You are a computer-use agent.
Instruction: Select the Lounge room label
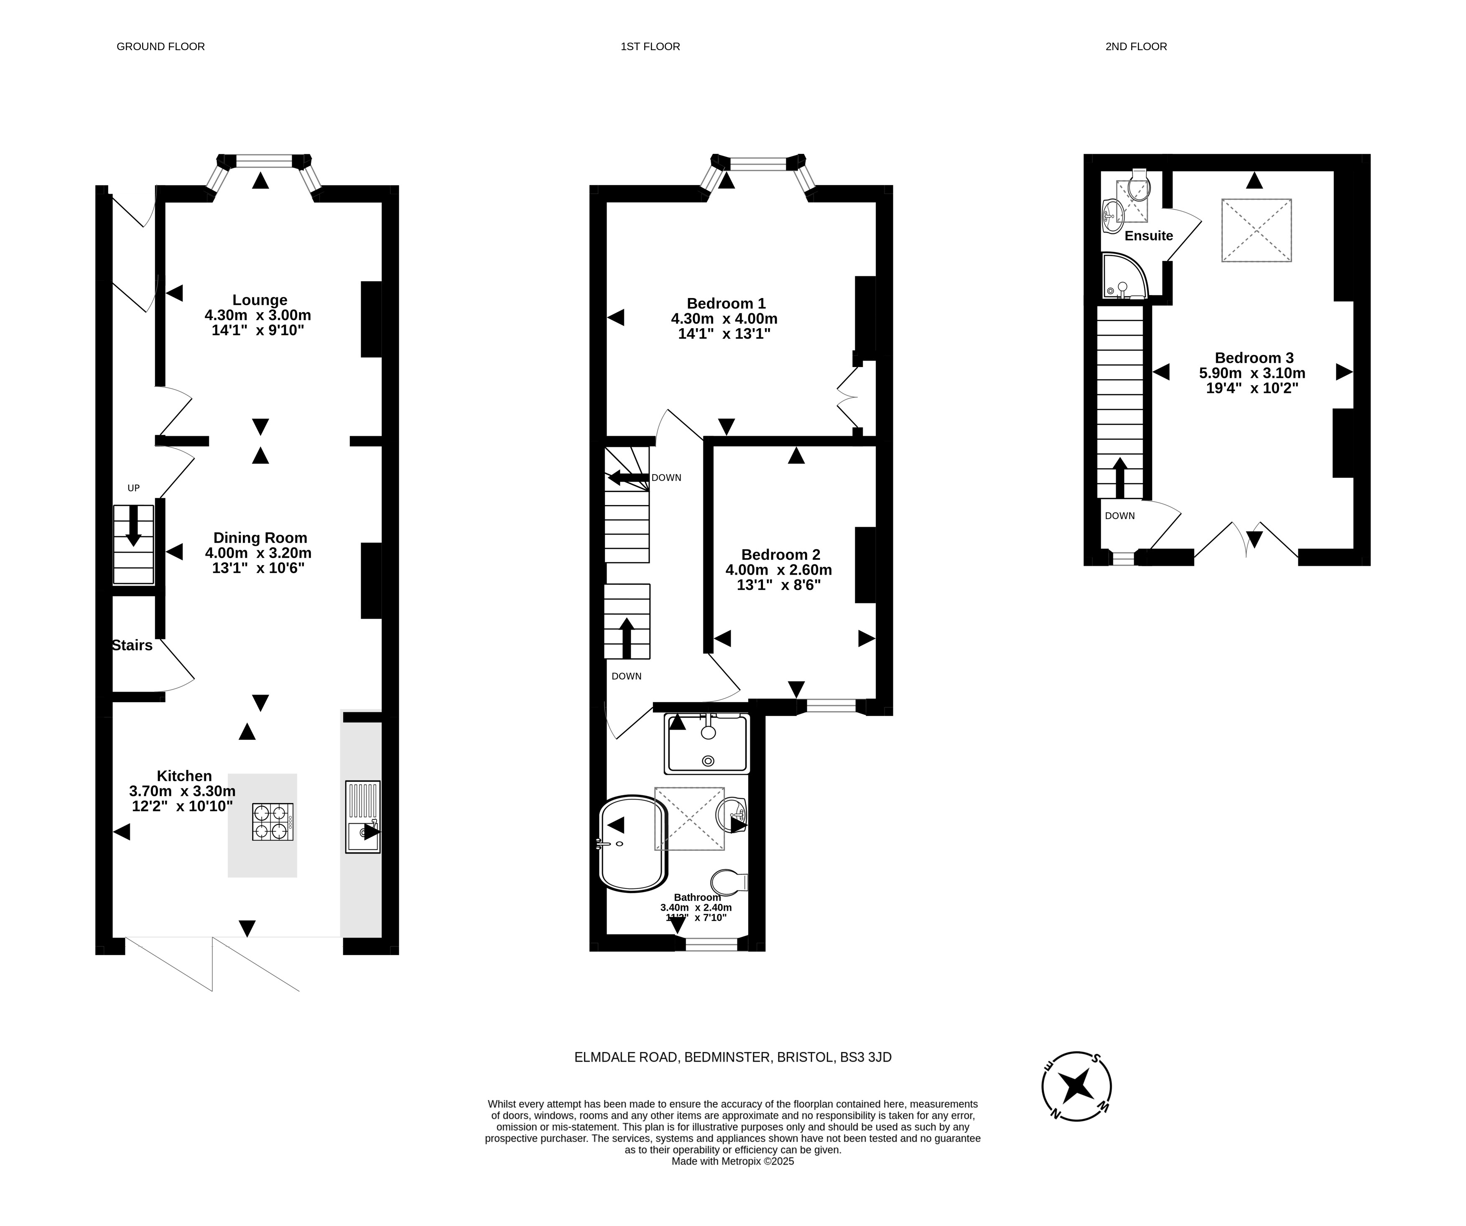(x=260, y=300)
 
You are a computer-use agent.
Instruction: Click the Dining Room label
(x=260, y=538)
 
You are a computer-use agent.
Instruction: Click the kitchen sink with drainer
(x=363, y=817)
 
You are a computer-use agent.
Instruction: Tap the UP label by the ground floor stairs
(x=133, y=488)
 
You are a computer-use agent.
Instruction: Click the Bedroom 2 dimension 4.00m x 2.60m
(x=778, y=570)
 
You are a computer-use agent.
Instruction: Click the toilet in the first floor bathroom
(x=729, y=882)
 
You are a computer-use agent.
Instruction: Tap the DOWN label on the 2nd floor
(x=1120, y=516)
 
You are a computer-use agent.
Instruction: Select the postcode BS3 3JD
(x=866, y=1057)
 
